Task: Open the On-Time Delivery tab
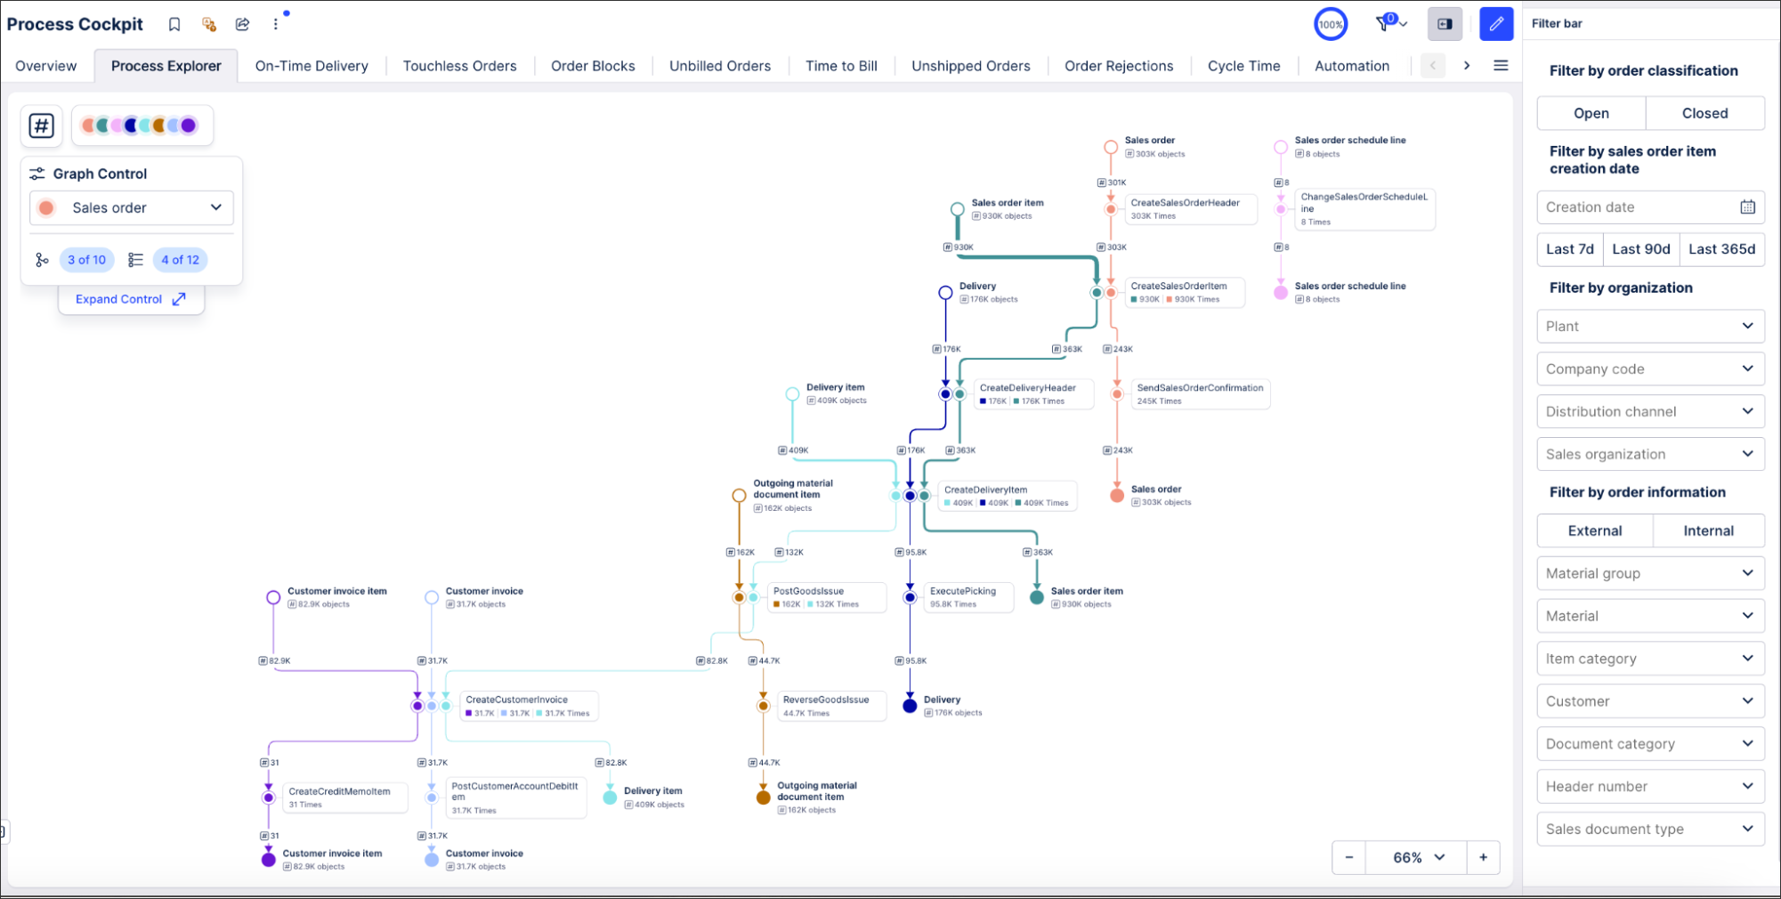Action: click(x=312, y=66)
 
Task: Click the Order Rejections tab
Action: click(x=1119, y=66)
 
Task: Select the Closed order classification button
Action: click(x=1704, y=113)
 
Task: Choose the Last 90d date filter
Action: click(x=1640, y=249)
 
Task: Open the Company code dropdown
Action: click(x=1650, y=369)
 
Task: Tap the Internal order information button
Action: click(x=1708, y=530)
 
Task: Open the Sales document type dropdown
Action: click(x=1650, y=829)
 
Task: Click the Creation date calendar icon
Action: click(x=1747, y=207)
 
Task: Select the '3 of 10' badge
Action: click(x=86, y=260)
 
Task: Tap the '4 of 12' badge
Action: click(x=180, y=260)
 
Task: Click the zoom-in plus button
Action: click(x=1483, y=857)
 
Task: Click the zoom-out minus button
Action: click(x=1349, y=857)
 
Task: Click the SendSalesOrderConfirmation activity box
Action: click(x=1200, y=393)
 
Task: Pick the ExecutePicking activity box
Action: click(x=968, y=596)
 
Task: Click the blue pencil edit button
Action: click(x=1496, y=24)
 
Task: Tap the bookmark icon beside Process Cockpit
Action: click(x=174, y=24)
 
